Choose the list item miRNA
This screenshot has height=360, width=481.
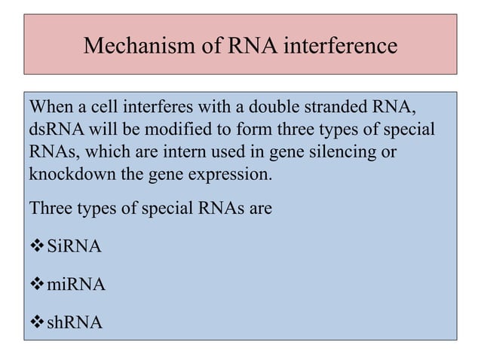coord(75,285)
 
